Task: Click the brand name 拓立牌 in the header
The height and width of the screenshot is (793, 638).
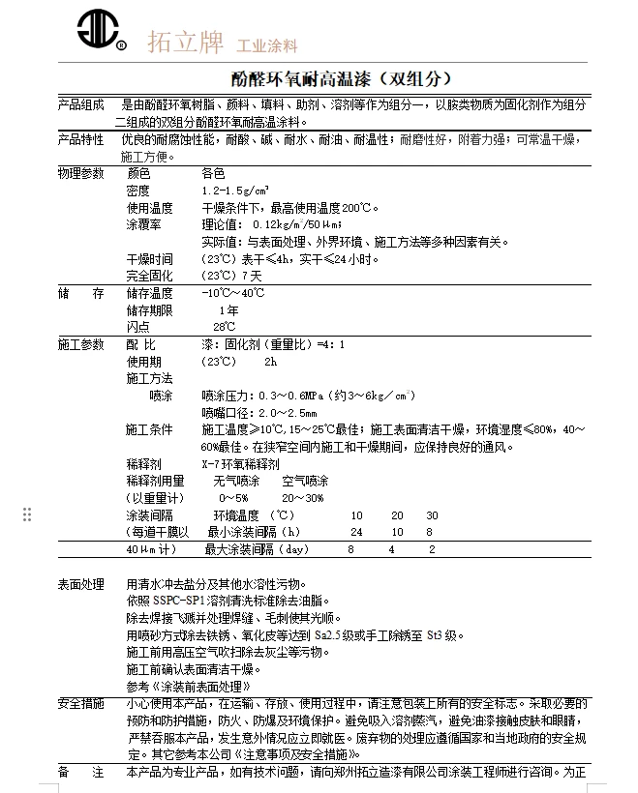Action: pyautogui.click(x=184, y=43)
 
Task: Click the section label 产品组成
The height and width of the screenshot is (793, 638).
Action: pyautogui.click(x=81, y=105)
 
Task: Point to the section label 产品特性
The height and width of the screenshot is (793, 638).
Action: pyautogui.click(x=81, y=139)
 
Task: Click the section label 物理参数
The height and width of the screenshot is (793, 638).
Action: pyautogui.click(x=81, y=173)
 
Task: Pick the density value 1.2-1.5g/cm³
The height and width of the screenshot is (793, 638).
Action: pyautogui.click(x=235, y=191)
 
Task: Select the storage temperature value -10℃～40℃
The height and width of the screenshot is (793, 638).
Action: pyautogui.click(x=232, y=293)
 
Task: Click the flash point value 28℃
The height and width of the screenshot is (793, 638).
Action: pyautogui.click(x=225, y=327)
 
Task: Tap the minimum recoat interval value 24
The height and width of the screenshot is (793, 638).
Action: pyautogui.click(x=356, y=532)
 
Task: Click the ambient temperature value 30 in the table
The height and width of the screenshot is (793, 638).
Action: pyautogui.click(x=432, y=515)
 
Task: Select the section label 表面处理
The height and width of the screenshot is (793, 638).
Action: pyautogui.click(x=81, y=584)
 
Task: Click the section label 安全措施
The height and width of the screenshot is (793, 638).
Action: pyautogui.click(x=81, y=703)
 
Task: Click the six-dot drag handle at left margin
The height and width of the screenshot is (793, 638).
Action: pyautogui.click(x=27, y=514)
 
